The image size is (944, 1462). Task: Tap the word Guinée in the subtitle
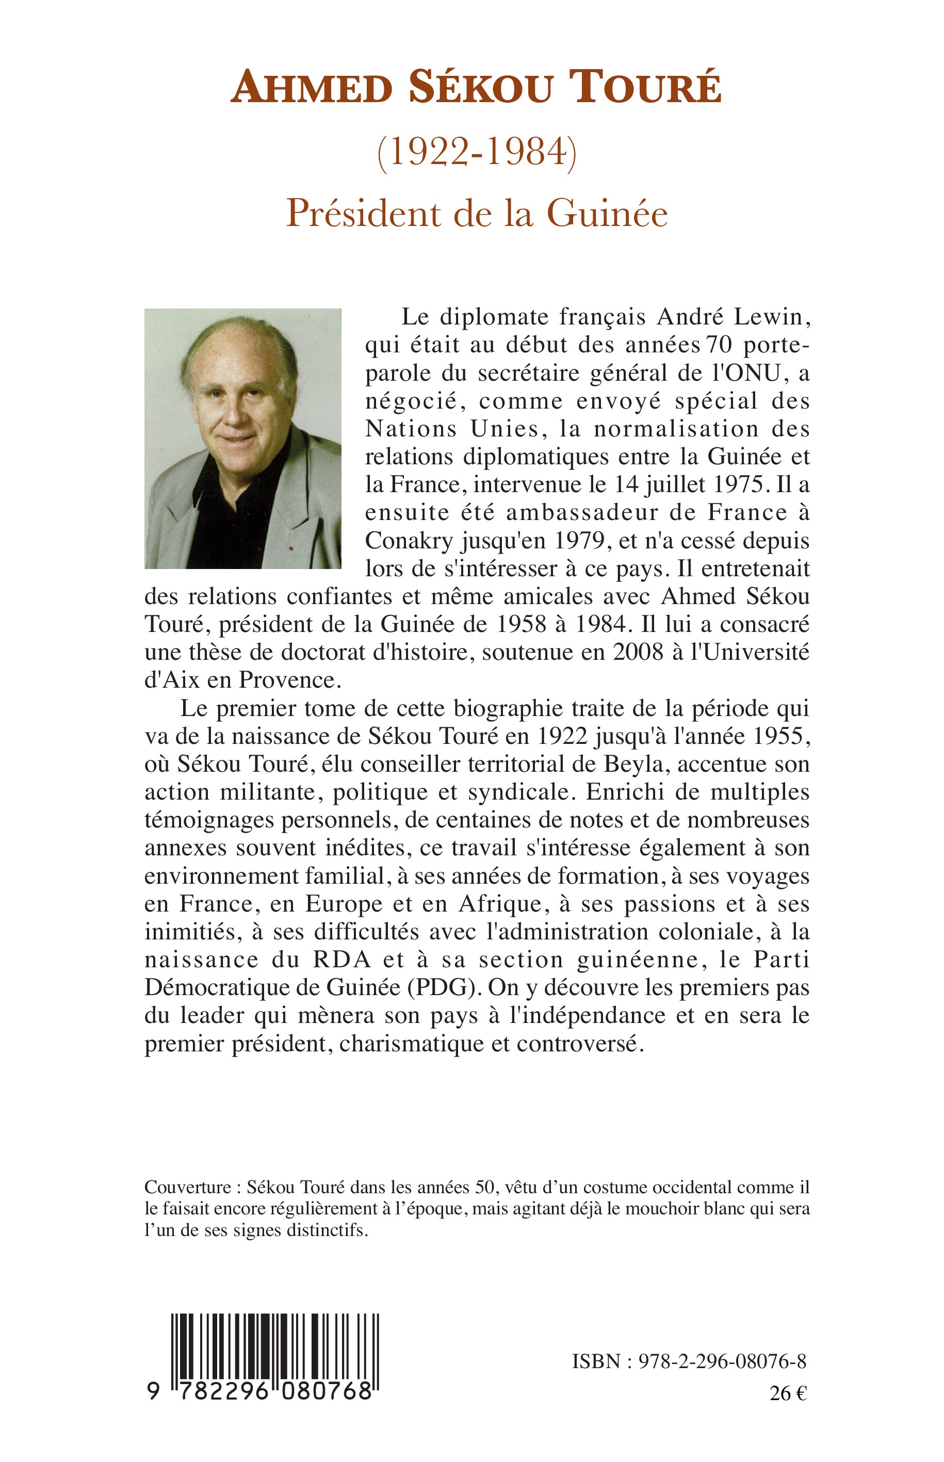pos(606,214)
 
